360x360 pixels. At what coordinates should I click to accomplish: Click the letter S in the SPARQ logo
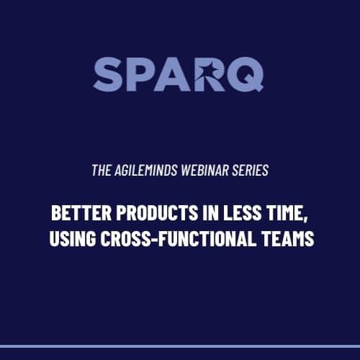107,74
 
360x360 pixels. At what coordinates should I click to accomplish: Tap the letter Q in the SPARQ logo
246,74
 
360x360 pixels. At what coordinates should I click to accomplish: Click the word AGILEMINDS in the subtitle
145,170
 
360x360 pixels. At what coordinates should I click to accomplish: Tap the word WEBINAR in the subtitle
205,170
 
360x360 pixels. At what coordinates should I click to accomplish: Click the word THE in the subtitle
102,170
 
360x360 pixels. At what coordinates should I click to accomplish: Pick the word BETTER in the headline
81,212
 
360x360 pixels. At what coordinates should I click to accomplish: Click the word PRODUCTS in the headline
157,212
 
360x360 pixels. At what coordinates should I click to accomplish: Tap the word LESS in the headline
242,212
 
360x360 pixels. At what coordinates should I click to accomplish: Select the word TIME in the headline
283,212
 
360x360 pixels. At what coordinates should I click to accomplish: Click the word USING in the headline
73,238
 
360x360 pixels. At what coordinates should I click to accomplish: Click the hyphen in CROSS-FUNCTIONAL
154,239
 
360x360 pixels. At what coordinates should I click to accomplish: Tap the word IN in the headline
211,212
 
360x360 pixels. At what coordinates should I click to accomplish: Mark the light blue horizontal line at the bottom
180,346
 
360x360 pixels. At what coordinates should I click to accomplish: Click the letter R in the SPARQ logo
210,74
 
